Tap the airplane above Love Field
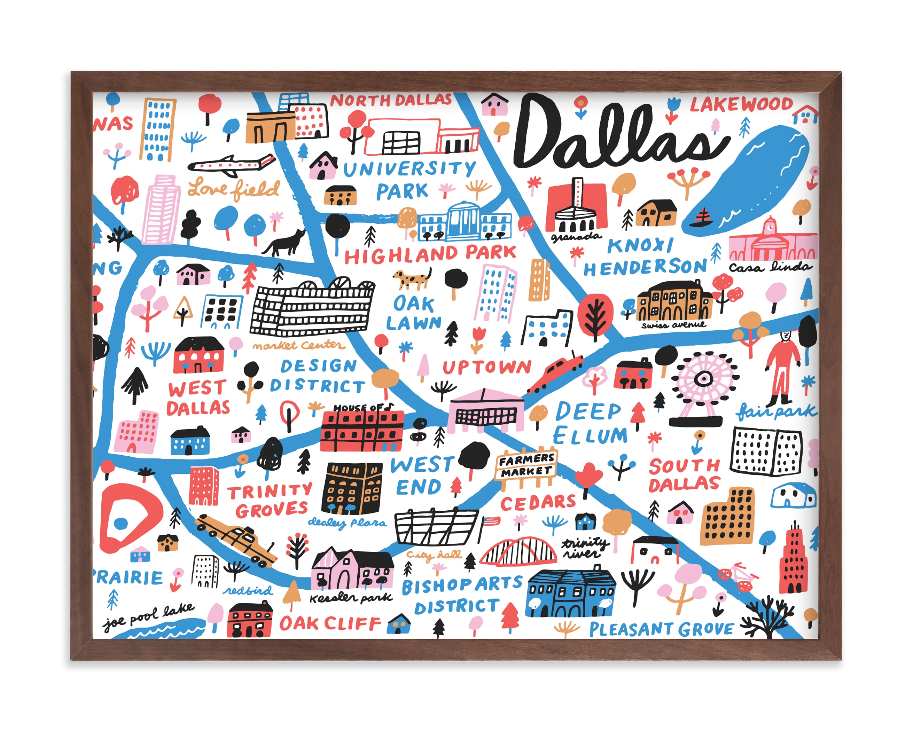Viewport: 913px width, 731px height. (231, 165)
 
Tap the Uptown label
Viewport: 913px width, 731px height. (487, 367)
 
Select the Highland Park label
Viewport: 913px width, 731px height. (430, 254)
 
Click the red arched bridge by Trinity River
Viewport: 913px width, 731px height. (518, 552)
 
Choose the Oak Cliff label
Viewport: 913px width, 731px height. (330, 623)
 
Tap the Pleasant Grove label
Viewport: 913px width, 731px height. (661, 629)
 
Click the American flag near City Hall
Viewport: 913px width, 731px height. (490, 521)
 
